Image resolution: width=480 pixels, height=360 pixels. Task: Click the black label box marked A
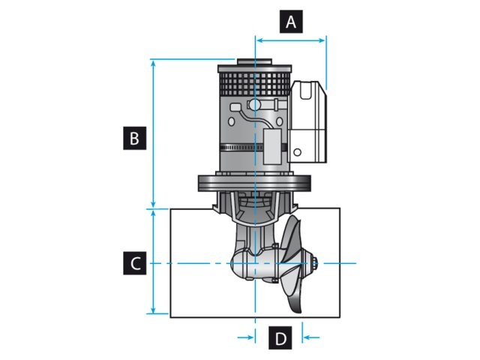coord(291,22)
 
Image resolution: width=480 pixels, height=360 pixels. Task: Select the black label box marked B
coord(133,139)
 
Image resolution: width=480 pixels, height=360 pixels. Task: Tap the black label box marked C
coord(133,263)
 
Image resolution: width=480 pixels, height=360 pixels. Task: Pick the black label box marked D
coord(280,338)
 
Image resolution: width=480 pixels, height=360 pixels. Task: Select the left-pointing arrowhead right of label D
coord(307,337)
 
